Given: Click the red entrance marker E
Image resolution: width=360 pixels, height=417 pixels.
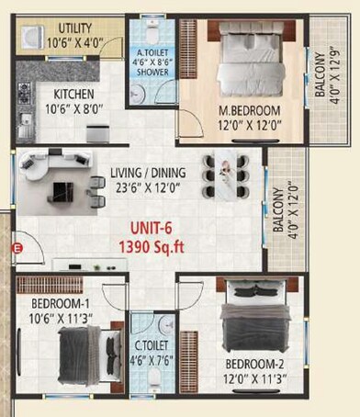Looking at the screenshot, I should [15, 247].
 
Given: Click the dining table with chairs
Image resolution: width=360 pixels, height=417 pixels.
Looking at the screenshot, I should [226, 171].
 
